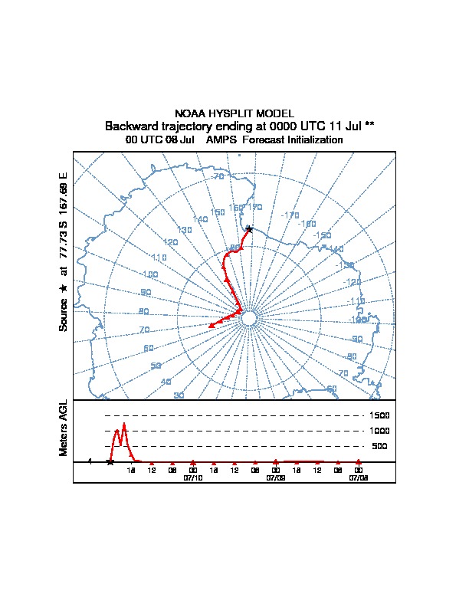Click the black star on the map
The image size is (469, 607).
tap(248, 228)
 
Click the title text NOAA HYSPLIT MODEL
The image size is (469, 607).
tap(234, 113)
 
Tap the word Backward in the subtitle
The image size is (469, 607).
tap(130, 126)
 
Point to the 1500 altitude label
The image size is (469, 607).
tap(380, 415)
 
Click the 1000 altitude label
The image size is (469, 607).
tap(380, 431)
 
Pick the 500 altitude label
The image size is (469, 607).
tap(379, 446)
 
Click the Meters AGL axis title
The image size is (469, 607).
tap(64, 428)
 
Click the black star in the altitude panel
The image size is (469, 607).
tap(110, 461)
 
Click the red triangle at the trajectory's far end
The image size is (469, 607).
tap(211, 326)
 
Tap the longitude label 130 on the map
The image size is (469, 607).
tap(184, 230)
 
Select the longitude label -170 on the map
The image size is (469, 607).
tap(290, 215)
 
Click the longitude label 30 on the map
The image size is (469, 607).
tap(179, 395)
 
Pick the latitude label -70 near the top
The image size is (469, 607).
tap(218, 177)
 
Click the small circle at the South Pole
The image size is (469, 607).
tap(249, 318)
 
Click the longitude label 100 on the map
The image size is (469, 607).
tap(150, 274)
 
